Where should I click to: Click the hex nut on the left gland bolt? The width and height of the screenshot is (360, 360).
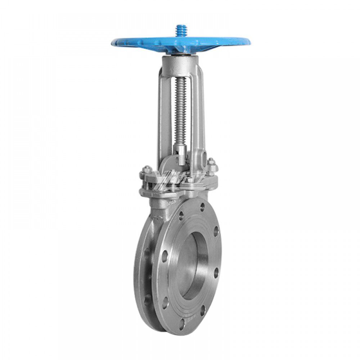tap(147, 169)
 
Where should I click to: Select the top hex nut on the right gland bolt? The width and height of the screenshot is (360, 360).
tap(211, 161)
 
